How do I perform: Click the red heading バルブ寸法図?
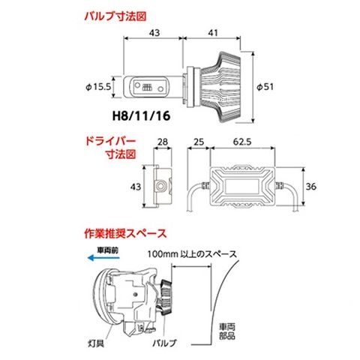coord(115,16)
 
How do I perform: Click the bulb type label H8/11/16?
coord(142,116)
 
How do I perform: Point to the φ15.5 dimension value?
coord(98,87)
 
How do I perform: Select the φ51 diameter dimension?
coord(265,87)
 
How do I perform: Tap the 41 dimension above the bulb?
coord(213,33)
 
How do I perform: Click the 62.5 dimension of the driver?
coord(242,142)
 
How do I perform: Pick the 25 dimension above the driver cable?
coord(199,142)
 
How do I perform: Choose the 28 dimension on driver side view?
coord(163,142)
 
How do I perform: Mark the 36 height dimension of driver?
coord(311,187)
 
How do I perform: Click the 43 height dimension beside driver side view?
coord(136,187)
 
